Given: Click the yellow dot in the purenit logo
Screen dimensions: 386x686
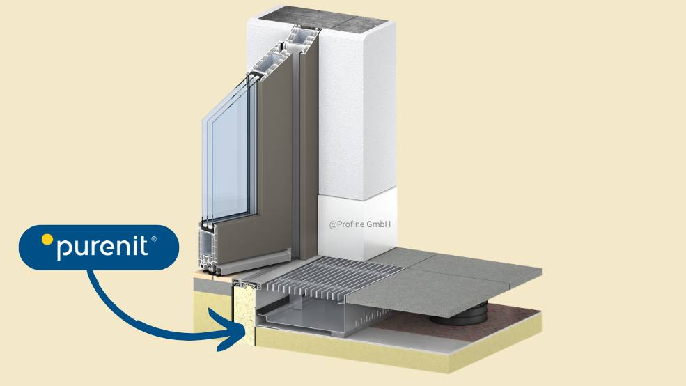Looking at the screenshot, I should tap(47, 240).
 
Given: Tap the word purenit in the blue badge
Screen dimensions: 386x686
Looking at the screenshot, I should tap(102, 247).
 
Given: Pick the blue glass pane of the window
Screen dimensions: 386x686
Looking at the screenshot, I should tap(230, 160).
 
